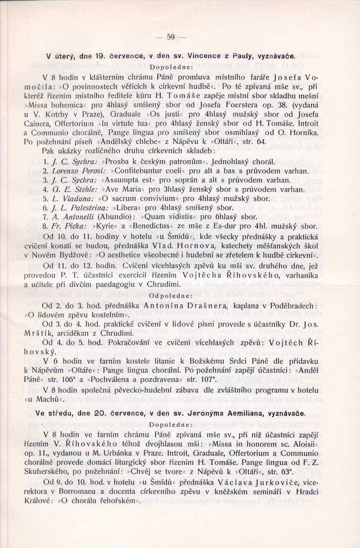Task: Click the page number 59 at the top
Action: (x=170, y=37)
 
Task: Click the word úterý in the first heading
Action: (x=66, y=57)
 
